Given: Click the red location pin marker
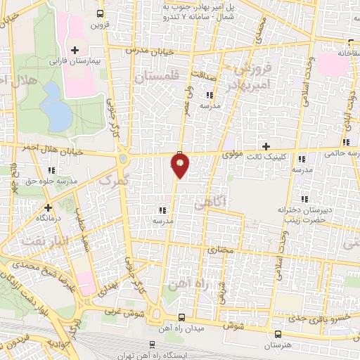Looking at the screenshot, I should coord(181,165).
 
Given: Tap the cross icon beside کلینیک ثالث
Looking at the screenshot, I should coord(266,146).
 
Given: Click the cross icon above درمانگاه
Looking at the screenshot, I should coord(48,207).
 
